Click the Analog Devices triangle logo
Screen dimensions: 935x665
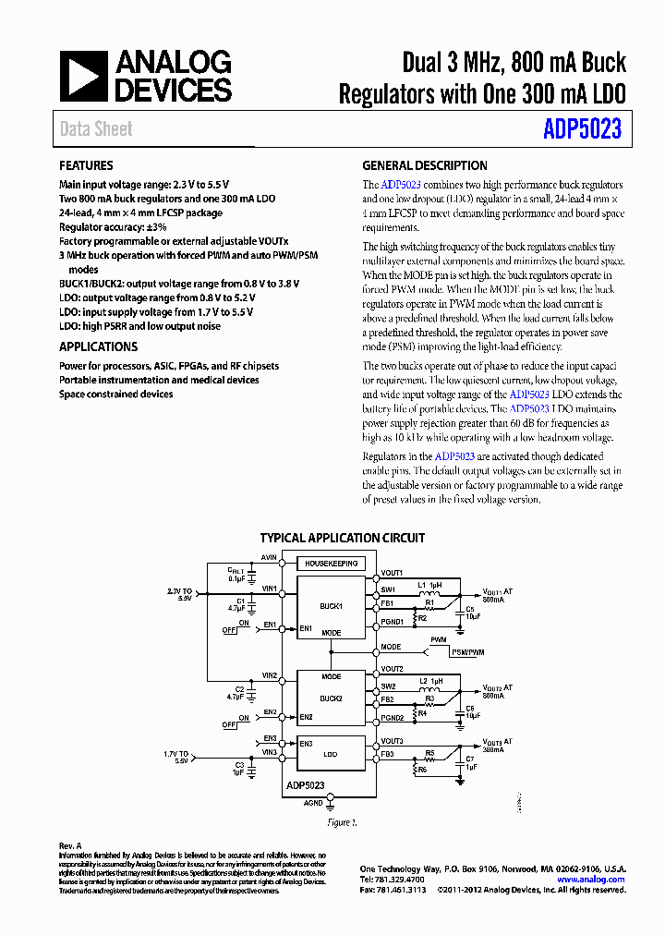(84, 76)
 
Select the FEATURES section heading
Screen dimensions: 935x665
(86, 165)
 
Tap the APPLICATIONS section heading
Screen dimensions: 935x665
(98, 346)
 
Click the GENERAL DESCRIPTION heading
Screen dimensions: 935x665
(424, 165)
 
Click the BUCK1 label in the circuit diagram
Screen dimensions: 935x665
(331, 607)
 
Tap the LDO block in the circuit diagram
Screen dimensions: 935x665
(331, 754)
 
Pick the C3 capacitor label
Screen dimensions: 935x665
(239, 765)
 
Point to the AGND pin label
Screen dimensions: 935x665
(314, 804)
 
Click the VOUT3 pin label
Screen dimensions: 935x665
(392, 741)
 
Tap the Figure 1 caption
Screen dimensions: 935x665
(341, 822)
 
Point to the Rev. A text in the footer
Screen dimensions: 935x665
(71, 845)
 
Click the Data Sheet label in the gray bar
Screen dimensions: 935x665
(96, 129)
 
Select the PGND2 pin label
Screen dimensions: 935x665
(393, 718)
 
